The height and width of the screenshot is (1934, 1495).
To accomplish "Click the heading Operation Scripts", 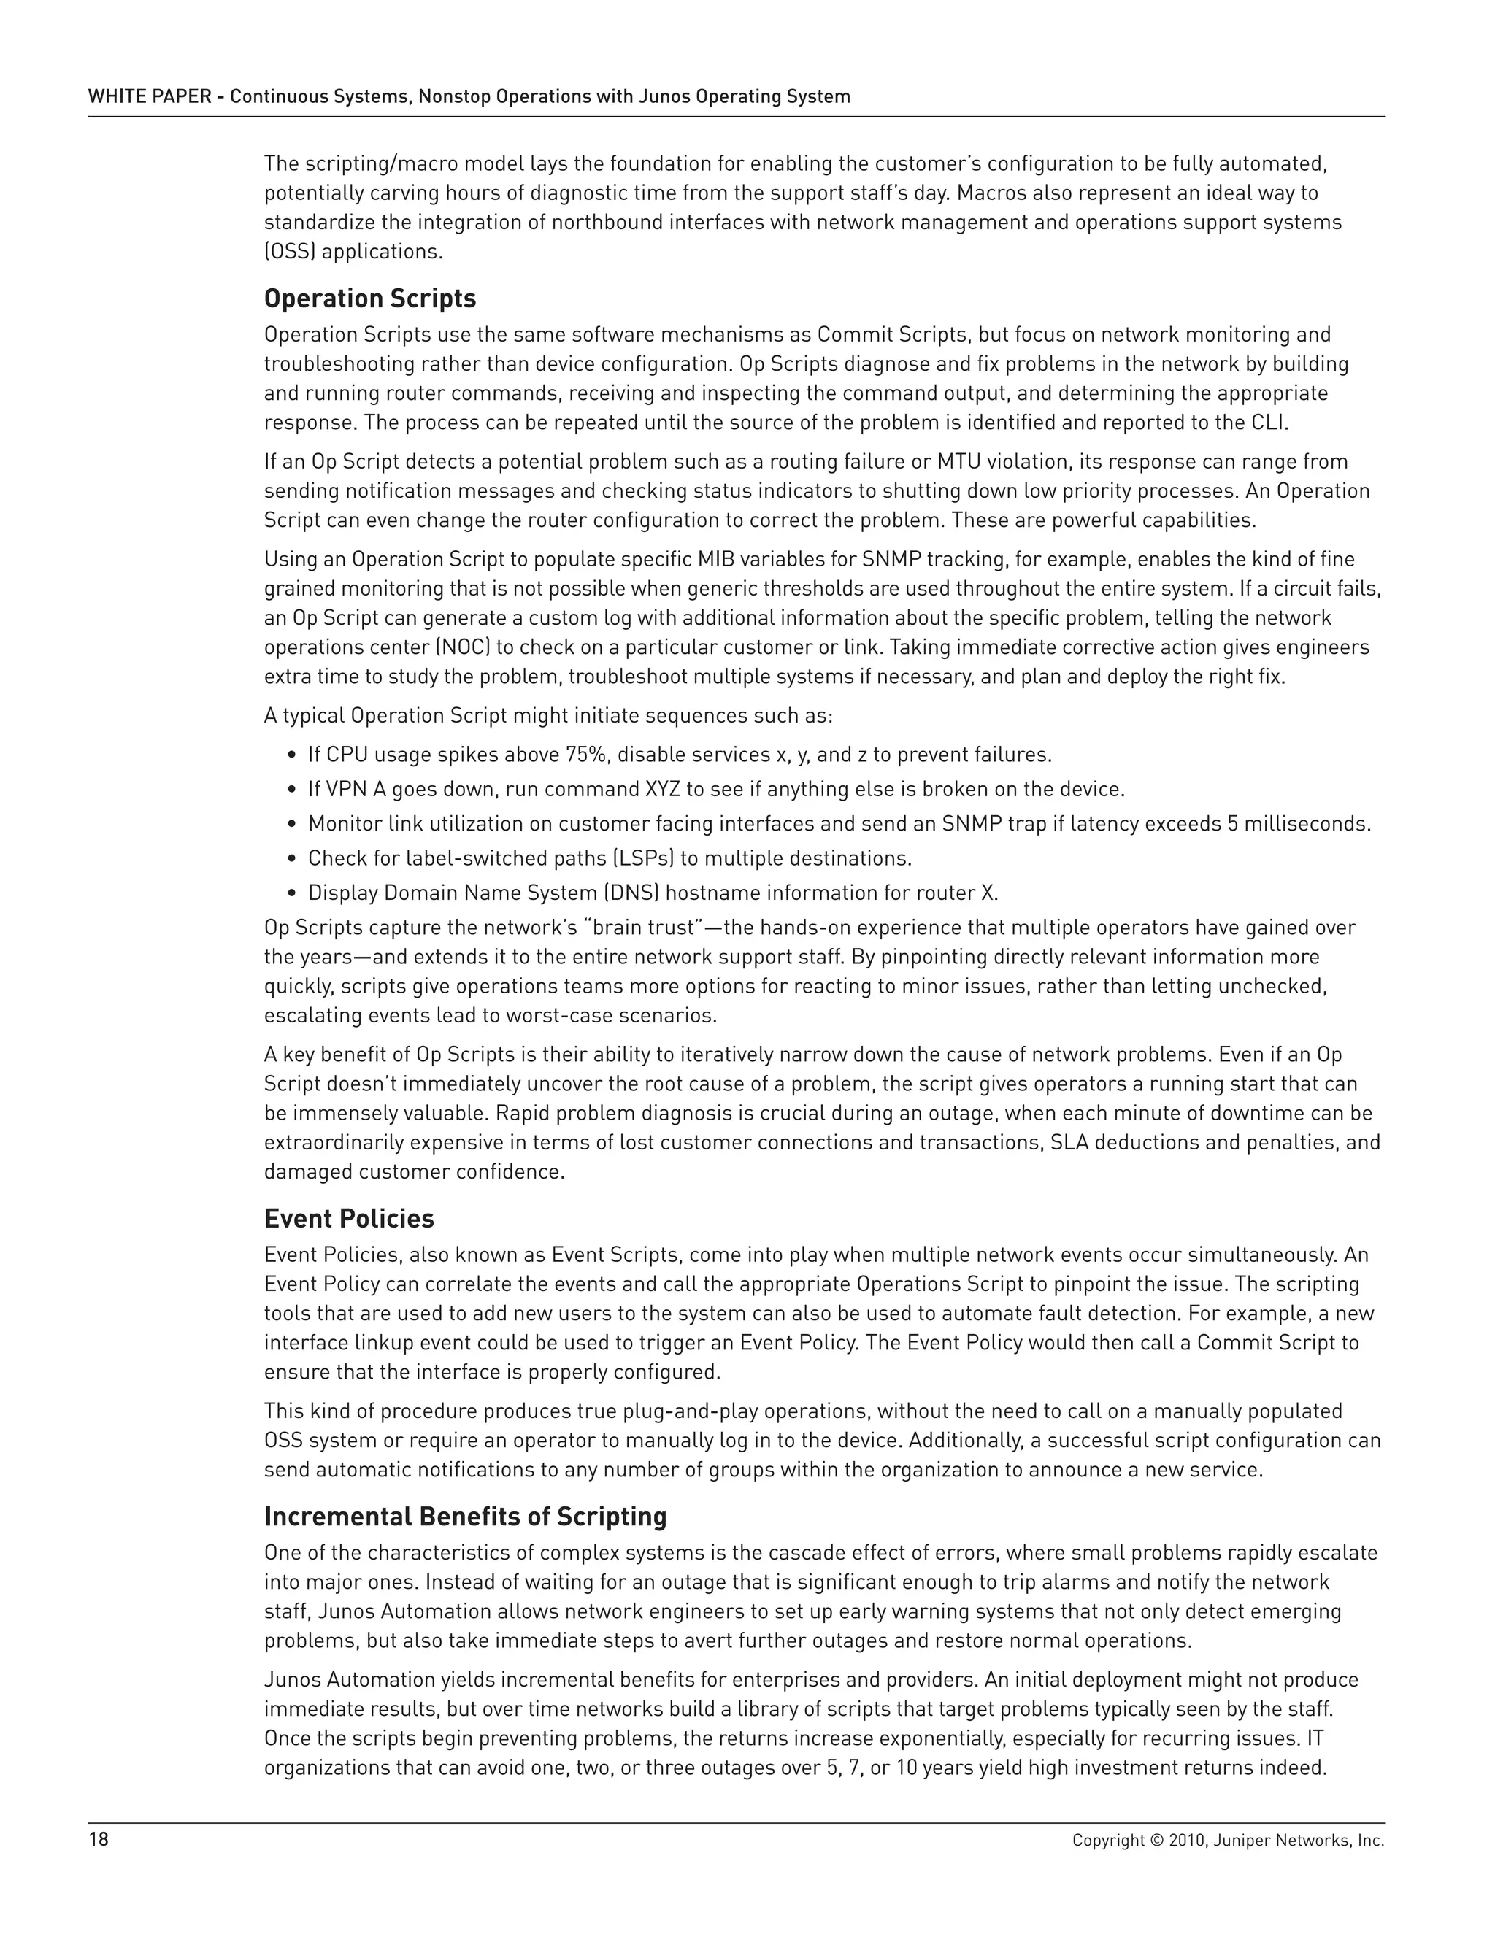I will click(x=369, y=299).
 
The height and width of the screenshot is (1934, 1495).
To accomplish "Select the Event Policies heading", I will click(x=349, y=1220).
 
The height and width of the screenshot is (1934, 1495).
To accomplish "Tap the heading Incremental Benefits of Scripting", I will click(x=465, y=1517).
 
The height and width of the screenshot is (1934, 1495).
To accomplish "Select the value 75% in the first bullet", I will click(x=586, y=755).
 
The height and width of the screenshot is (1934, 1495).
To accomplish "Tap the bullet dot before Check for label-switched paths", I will click(x=292, y=859).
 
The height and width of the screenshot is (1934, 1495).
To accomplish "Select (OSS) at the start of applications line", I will click(x=290, y=252).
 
